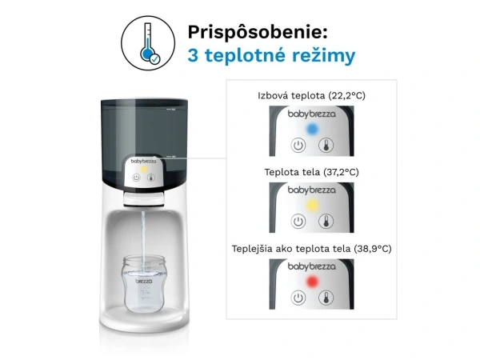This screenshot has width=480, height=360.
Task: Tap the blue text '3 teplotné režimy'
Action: tap(271, 57)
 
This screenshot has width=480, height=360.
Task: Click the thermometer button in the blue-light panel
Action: tap(326, 146)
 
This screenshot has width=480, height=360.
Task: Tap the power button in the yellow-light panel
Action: tap(299, 222)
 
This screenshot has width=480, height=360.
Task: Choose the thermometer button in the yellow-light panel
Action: tap(326, 222)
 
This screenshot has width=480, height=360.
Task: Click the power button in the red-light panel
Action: tap(299, 298)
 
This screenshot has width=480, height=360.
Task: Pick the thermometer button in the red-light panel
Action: tap(326, 298)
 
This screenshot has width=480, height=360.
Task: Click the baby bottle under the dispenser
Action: tap(142, 286)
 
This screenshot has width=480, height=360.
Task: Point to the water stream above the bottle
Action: tap(142, 232)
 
